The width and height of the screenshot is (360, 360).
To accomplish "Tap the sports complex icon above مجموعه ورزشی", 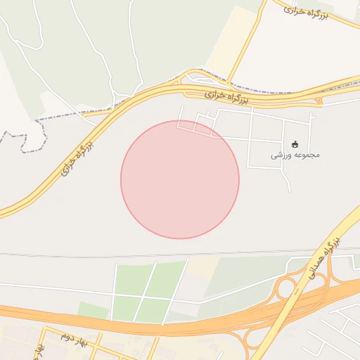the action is point(295,144).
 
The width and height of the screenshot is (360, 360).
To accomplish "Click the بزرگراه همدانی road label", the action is point(323,259).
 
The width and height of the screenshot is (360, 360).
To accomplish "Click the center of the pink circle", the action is point(180,179).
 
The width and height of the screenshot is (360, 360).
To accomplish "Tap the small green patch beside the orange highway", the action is point(92,309).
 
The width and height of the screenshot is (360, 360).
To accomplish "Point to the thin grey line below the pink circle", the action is point(180,252).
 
